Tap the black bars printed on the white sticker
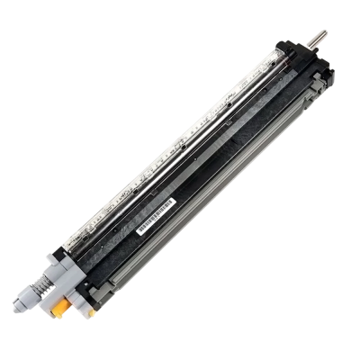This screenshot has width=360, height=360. tap(154, 219)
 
